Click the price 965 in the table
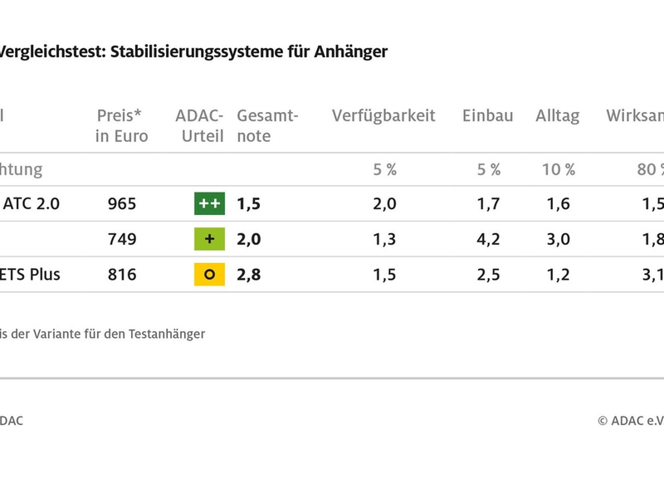coord(121,204)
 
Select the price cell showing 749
coord(121,240)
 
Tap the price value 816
coord(121,275)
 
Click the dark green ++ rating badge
coord(209,204)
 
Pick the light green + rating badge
coord(209,240)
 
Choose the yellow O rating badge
coord(209,275)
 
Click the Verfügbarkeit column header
coord(383,116)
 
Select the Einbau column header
coord(488,116)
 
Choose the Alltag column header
coord(558,116)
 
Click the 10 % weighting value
coord(559,170)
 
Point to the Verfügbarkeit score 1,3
coord(383,240)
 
